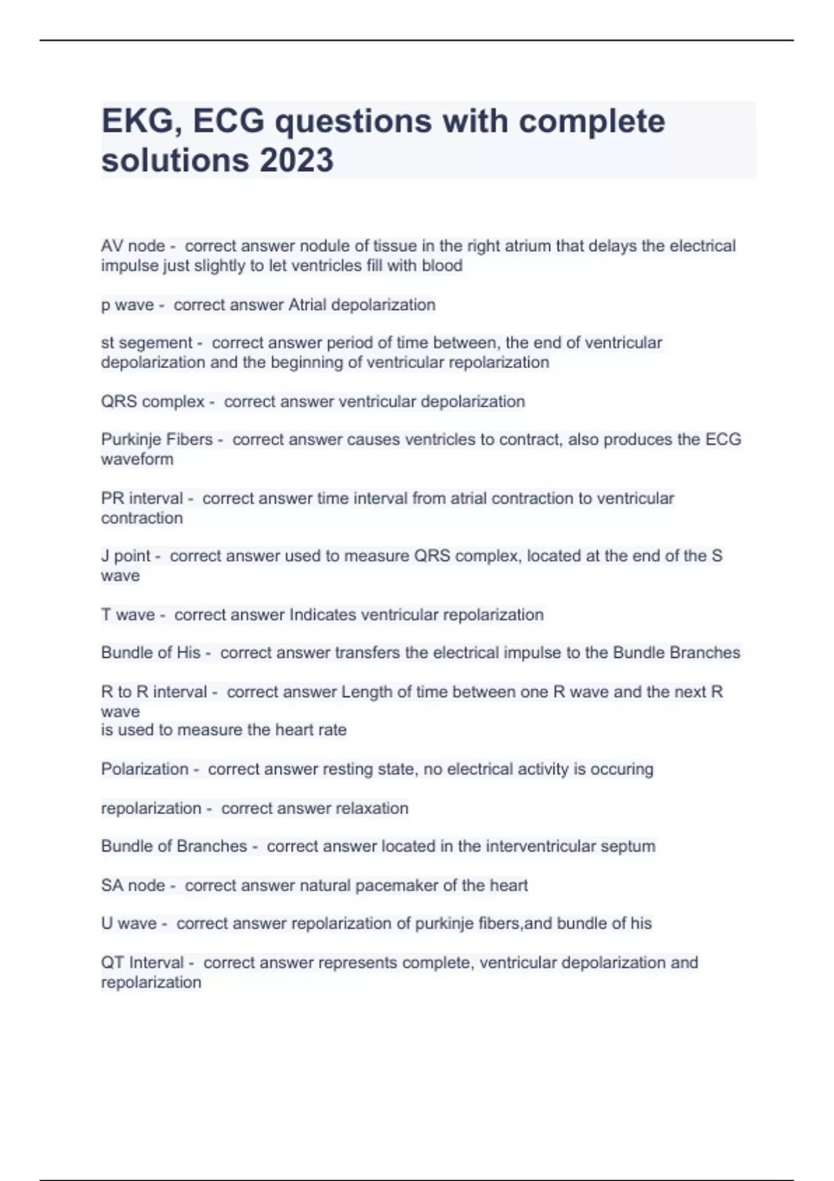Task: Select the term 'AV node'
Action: click(133, 246)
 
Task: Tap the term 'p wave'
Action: click(127, 305)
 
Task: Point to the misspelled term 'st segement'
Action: click(147, 343)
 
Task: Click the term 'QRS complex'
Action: click(153, 402)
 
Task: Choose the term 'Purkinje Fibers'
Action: click(156, 440)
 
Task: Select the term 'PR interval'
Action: click(142, 498)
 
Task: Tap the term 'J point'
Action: click(126, 556)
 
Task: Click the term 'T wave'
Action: click(128, 615)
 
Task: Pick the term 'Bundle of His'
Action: click(151, 653)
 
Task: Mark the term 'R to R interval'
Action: click(154, 692)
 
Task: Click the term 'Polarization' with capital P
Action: click(145, 769)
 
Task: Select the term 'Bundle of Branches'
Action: click(174, 846)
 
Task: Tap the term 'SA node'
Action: click(133, 886)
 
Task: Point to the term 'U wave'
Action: click(129, 923)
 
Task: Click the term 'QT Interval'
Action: click(142, 963)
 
